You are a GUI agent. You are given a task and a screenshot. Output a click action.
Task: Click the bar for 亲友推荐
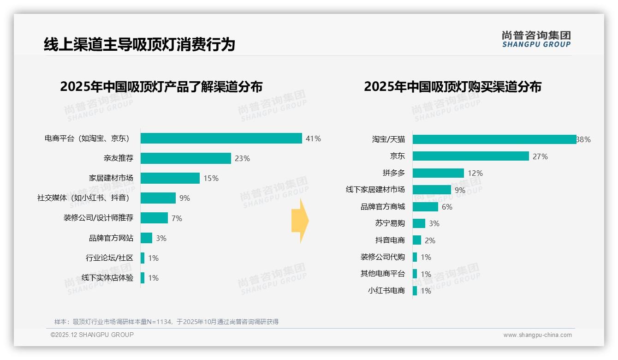tap(185, 158)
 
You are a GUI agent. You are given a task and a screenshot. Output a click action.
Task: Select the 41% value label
tap(313, 138)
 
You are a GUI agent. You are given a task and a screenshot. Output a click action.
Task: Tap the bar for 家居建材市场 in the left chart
tap(170, 178)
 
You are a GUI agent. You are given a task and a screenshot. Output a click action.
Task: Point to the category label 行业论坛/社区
tap(109, 258)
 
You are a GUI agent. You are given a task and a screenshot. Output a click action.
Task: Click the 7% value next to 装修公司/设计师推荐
tap(177, 218)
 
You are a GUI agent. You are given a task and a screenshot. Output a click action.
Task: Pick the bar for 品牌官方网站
tap(146, 238)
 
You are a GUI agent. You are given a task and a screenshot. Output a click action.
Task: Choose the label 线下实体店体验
tap(107, 278)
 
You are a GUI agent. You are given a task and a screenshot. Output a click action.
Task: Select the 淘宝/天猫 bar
tap(494, 139)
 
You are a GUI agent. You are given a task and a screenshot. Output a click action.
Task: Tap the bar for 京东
tap(470, 156)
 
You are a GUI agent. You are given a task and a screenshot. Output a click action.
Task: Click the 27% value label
tap(540, 156)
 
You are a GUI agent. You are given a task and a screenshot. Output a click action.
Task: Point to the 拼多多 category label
tap(393, 173)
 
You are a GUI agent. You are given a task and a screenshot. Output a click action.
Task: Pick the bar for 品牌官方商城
tap(425, 207)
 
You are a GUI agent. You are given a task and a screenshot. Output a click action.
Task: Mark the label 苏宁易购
tap(390, 223)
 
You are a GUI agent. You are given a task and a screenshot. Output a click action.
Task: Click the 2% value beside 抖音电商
tap(430, 240)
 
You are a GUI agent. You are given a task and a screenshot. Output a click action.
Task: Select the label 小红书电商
tap(386, 291)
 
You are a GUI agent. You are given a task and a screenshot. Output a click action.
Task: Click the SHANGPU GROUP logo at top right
tap(536, 39)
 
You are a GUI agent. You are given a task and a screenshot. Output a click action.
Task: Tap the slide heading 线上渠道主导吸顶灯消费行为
tap(139, 44)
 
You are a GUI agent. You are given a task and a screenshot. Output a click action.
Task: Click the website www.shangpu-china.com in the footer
tap(537, 335)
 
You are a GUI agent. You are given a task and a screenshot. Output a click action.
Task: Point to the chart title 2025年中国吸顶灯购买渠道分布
tap(452, 87)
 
